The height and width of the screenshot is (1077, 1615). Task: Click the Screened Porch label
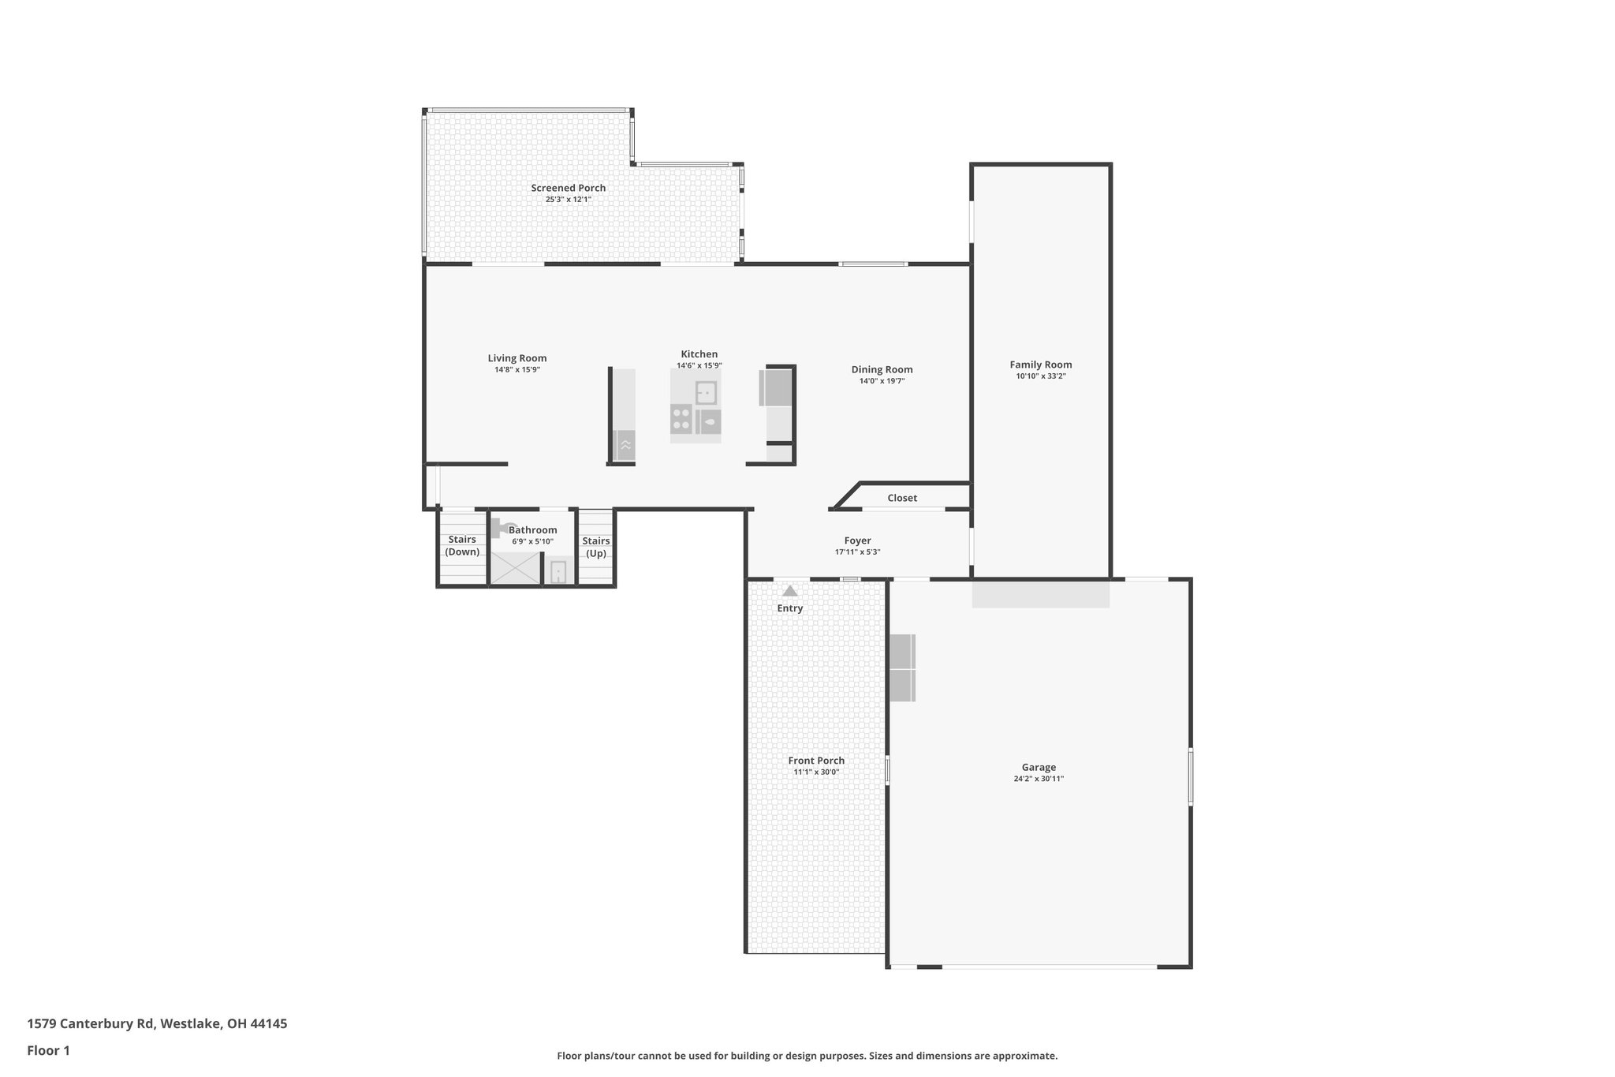pos(568,188)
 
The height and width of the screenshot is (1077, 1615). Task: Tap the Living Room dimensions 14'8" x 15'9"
pos(517,369)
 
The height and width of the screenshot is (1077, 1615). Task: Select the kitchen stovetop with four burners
pos(681,418)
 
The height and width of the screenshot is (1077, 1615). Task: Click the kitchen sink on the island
pos(706,392)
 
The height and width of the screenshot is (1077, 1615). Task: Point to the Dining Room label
pos(882,369)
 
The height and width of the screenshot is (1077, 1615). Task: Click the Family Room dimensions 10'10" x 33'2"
pos(1041,376)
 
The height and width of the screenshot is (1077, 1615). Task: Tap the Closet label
pos(902,498)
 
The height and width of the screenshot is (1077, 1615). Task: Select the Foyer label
pos(857,540)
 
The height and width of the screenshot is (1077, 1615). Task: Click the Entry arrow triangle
pos(789,591)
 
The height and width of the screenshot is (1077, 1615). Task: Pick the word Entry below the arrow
pos(789,608)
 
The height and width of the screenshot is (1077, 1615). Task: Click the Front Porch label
pos(816,761)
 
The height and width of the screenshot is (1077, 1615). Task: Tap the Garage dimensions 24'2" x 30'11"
pos(1039,779)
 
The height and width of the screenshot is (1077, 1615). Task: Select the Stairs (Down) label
pos(462,545)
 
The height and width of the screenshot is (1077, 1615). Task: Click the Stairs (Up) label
pos(595,546)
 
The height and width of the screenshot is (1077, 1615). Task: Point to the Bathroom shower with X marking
pos(516,568)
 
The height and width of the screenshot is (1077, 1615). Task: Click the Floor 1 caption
pos(48,1050)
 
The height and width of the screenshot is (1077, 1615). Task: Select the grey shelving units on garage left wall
pos(902,668)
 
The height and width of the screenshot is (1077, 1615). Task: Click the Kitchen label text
pos(699,354)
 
